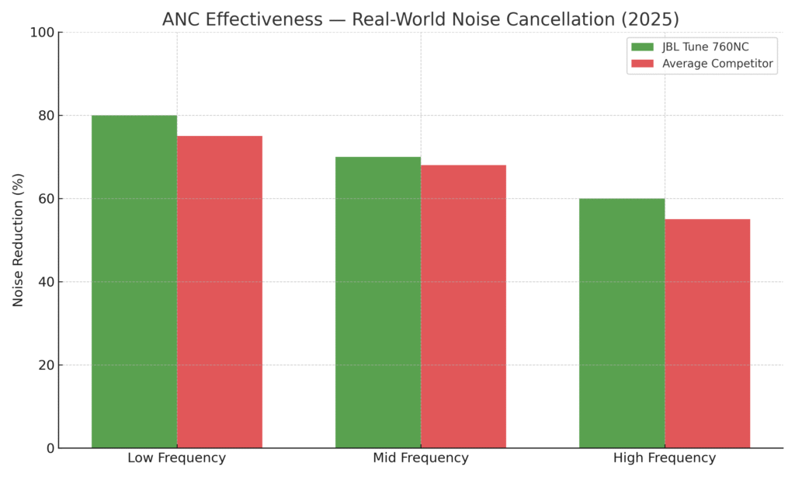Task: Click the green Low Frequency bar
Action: click(134, 281)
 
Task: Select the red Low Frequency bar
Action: click(220, 291)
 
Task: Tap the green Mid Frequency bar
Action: click(378, 302)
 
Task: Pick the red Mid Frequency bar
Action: click(463, 306)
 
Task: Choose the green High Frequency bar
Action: click(622, 323)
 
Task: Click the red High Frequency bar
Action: click(707, 333)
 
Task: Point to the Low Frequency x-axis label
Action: click(177, 458)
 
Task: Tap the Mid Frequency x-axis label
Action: click(421, 458)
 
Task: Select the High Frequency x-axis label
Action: click(665, 458)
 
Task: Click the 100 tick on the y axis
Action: click(43, 33)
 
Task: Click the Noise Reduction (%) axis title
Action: click(18, 239)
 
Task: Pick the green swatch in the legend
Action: click(643, 47)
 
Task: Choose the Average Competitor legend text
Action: click(717, 64)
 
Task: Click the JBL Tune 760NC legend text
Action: click(705, 47)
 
